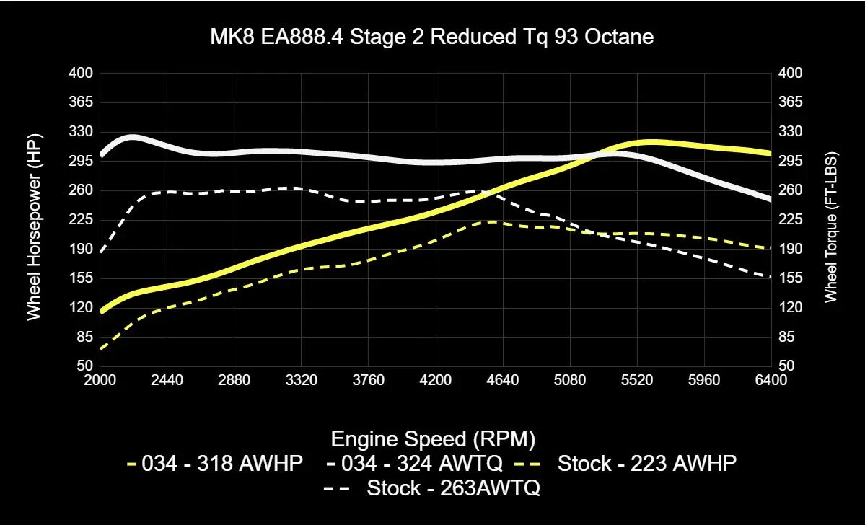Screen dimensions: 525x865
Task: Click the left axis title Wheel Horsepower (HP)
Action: point(34,226)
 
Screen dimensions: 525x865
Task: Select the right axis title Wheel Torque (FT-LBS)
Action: point(830,226)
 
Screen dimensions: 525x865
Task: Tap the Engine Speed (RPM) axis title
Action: point(432,438)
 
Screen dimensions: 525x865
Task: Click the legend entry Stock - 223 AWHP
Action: point(646,464)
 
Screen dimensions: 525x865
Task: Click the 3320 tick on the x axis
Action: point(302,380)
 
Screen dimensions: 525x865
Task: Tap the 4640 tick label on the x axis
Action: point(503,380)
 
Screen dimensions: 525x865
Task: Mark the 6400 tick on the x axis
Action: point(771,380)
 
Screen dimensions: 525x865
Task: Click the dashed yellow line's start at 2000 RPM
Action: point(101,349)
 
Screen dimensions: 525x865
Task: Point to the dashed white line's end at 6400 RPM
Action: point(770,277)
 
